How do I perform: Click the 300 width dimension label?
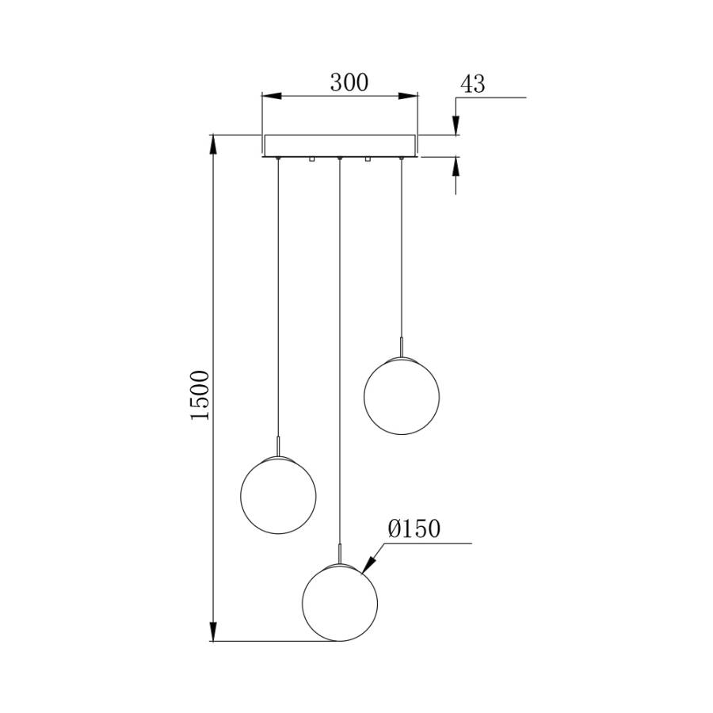click(x=349, y=82)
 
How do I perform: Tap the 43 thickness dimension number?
click(x=472, y=85)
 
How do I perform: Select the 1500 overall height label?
click(x=200, y=395)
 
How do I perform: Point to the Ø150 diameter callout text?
click(x=414, y=529)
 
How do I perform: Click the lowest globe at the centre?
click(x=340, y=603)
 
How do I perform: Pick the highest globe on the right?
click(x=402, y=396)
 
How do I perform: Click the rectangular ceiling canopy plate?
click(x=339, y=146)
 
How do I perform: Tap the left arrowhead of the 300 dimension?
click(x=272, y=96)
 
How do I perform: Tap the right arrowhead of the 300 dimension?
click(x=408, y=96)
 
